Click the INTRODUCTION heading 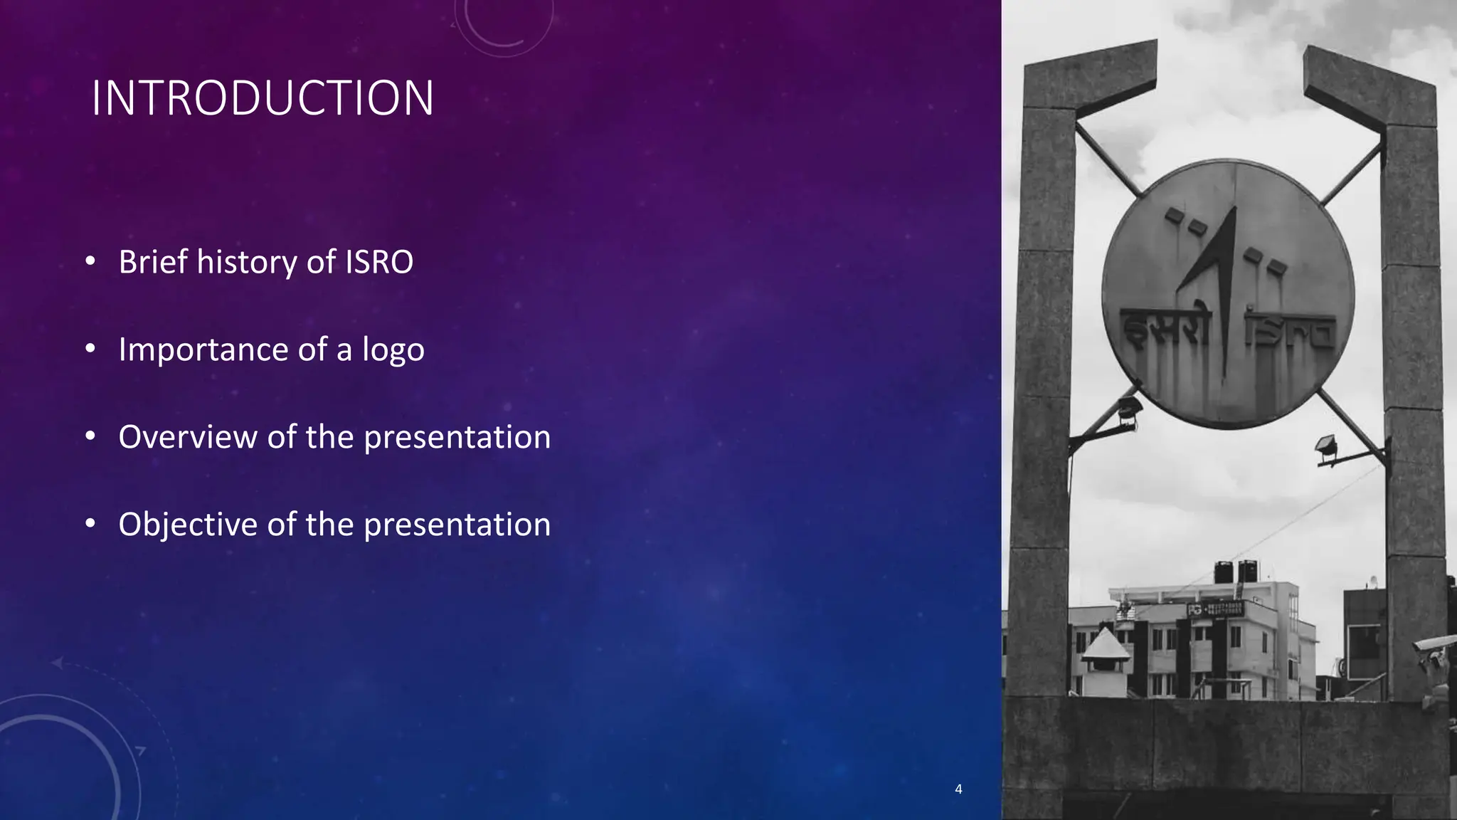click(263, 98)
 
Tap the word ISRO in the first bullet click(378, 262)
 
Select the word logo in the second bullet click(393, 350)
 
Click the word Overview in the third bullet click(187, 437)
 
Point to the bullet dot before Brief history click(90, 261)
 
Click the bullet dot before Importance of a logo click(90, 349)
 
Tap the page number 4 click(958, 789)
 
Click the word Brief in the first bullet click(152, 262)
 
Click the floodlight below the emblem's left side click(1128, 411)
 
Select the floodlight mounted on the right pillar click(1326, 448)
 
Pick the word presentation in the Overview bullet click(457, 437)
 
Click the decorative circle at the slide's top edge click(504, 25)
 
